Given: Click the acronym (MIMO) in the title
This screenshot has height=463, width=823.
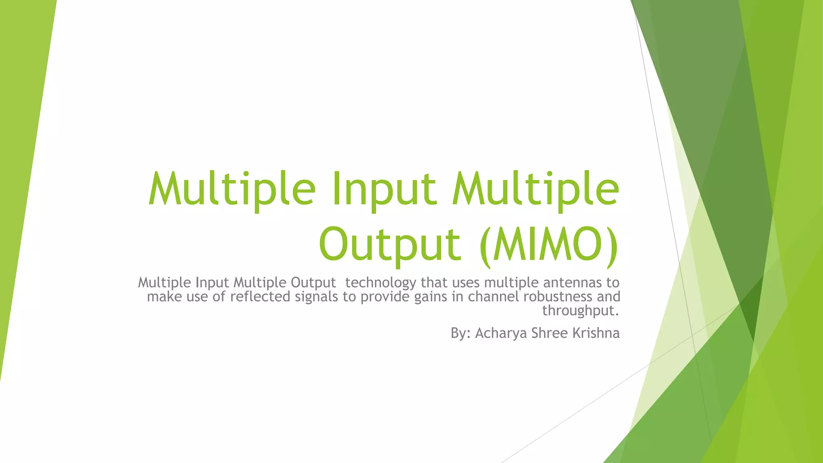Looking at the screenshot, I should (x=549, y=244).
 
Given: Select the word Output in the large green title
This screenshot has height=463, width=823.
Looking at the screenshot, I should (x=389, y=244).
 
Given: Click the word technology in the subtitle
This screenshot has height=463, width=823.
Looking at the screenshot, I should (x=381, y=283).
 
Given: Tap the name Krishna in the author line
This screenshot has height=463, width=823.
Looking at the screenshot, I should (x=596, y=333).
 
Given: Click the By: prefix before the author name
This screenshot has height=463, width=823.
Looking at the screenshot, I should (x=461, y=333).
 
